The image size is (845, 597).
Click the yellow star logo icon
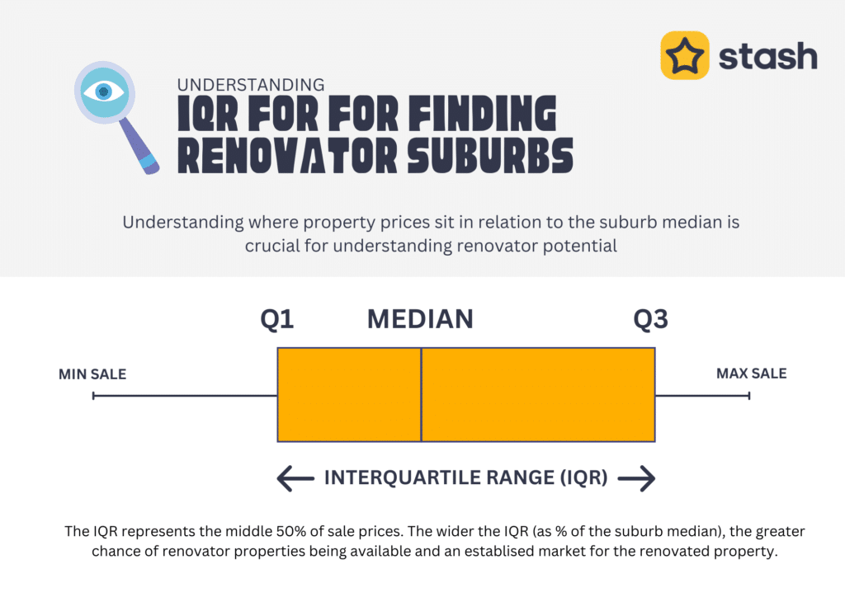[x=684, y=55]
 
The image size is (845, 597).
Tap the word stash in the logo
[x=768, y=56]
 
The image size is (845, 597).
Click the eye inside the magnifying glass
[x=103, y=92]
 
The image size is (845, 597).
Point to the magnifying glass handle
[x=139, y=146]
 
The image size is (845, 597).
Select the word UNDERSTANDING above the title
[x=251, y=85]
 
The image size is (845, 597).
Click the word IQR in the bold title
[x=207, y=113]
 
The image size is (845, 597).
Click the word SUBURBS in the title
[x=490, y=156]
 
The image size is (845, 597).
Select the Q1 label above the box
[x=277, y=319]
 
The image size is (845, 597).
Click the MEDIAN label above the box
[x=420, y=319]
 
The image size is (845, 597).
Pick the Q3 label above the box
[x=650, y=319]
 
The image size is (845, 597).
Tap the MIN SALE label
[x=92, y=374]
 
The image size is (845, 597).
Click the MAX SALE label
[x=751, y=374]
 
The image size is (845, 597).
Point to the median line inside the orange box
[x=421, y=395]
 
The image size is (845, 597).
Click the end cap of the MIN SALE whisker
[x=93, y=396]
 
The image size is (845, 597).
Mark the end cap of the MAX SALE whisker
[x=749, y=396]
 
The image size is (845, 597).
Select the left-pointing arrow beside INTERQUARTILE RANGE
[x=295, y=478]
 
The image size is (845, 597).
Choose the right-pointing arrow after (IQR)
[x=636, y=478]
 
